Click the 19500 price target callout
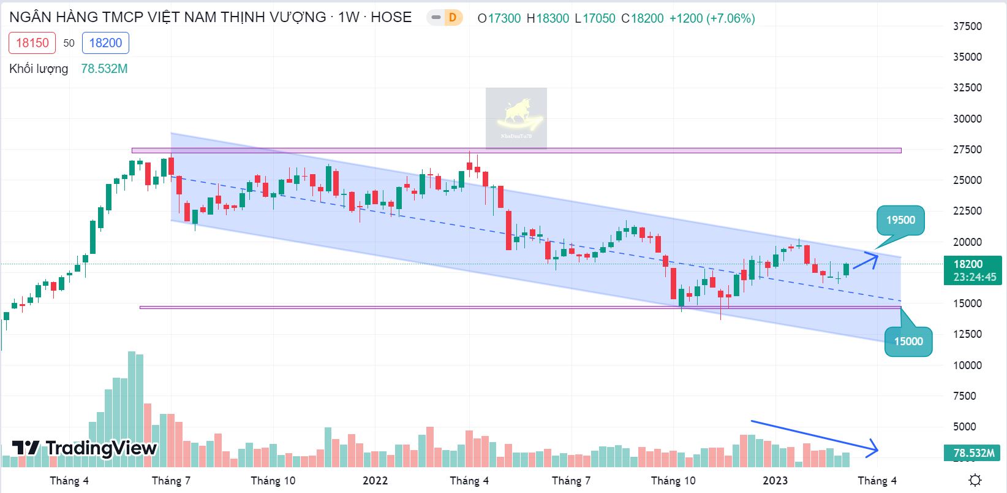click(900, 220)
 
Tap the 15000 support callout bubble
click(908, 342)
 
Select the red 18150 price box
click(32, 43)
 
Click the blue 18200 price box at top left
click(105, 43)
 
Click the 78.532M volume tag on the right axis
click(973, 453)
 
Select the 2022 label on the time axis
click(375, 480)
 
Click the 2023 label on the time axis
click(775, 480)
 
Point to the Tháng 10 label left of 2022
click(273, 480)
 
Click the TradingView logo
click(85, 448)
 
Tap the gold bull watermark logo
click(516, 118)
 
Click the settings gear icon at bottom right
click(976, 480)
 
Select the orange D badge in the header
click(452, 18)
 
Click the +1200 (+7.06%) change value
click(712, 18)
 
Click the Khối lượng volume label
click(39, 69)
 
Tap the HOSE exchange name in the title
click(391, 17)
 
